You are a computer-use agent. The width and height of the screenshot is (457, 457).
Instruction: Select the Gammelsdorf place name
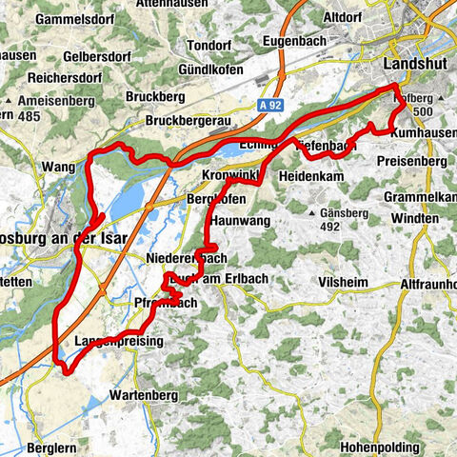pos(44,19)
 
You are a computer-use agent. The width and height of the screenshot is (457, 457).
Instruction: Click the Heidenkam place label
pos(310,177)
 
